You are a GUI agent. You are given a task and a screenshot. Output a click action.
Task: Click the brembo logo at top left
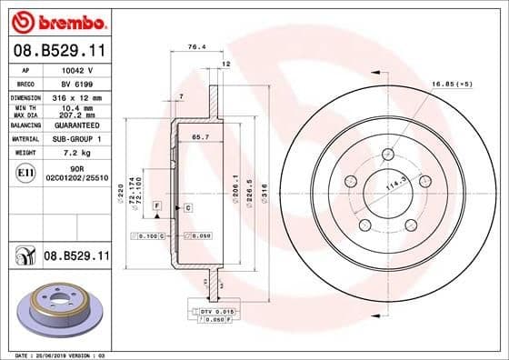click(x=55, y=18)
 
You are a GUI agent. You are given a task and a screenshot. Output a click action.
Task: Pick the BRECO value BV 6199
click(x=76, y=82)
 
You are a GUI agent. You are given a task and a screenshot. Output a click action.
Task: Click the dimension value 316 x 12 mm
click(x=77, y=95)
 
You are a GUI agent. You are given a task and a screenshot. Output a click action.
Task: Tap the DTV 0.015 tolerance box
click(x=216, y=312)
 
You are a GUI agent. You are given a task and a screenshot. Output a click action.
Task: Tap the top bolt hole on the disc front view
click(x=388, y=154)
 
